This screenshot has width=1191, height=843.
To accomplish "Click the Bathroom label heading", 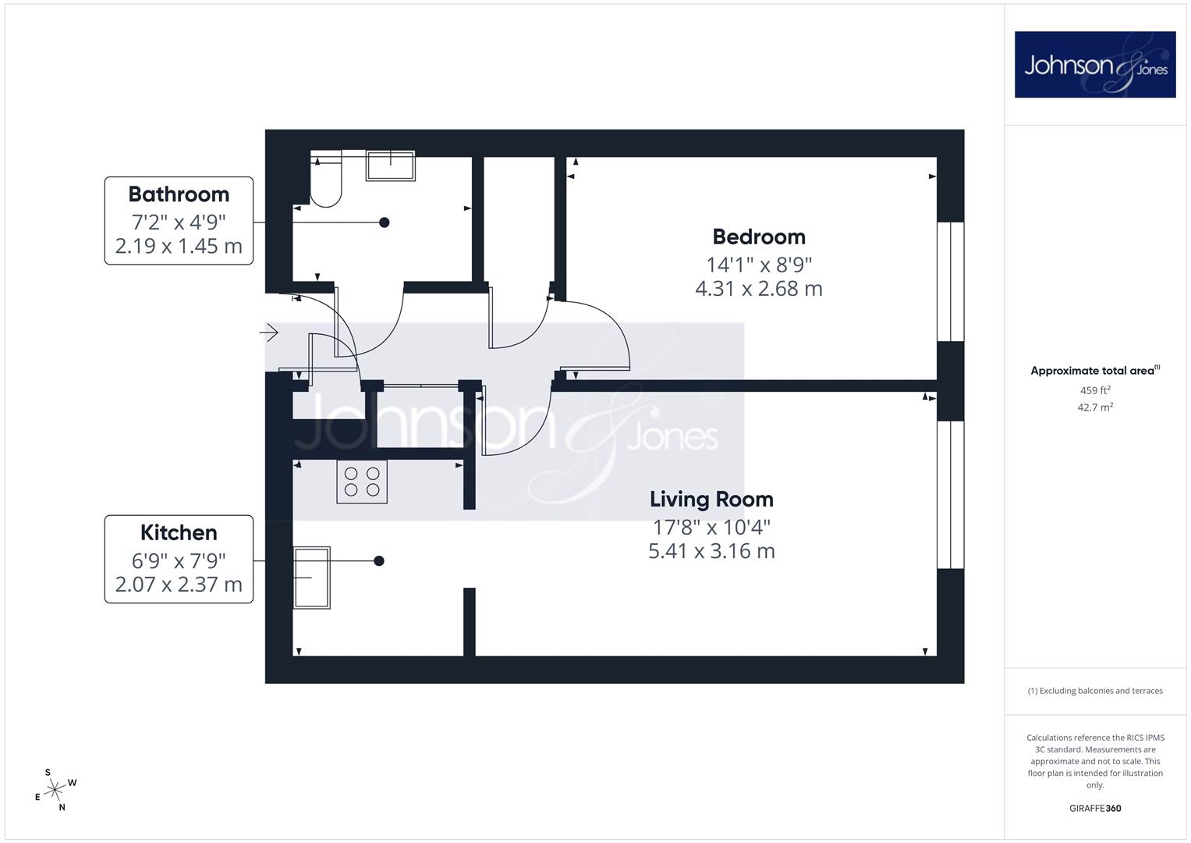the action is (179, 194).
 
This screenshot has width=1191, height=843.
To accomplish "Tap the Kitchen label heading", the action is (179, 532).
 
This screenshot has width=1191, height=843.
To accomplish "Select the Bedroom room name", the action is (759, 237).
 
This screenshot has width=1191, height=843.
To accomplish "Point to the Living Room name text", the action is (711, 500).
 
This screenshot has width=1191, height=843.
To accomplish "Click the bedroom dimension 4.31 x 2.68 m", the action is (759, 289).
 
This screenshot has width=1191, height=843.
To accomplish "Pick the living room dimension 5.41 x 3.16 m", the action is (711, 551).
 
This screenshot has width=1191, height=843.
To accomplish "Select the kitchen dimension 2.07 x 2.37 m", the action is (179, 585).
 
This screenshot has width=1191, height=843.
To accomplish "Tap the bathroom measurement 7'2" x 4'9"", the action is (179, 222).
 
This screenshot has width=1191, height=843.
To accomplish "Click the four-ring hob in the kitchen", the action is (362, 482).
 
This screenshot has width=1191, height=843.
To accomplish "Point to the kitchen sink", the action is (311, 578).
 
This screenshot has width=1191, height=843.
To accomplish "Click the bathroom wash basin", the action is (390, 165).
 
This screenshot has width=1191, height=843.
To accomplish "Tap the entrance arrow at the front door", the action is (269, 333).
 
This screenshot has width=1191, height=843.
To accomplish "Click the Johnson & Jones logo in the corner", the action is (1095, 64).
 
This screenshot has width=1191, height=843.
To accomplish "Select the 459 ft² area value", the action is (1095, 390).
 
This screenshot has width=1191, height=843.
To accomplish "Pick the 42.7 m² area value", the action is (1095, 407).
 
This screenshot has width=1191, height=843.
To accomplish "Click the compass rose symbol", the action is (55, 790).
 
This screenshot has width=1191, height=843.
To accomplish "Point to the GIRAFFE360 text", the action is (1095, 809).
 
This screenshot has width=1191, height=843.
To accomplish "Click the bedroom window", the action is (950, 282).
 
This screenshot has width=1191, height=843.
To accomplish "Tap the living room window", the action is (950, 495).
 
